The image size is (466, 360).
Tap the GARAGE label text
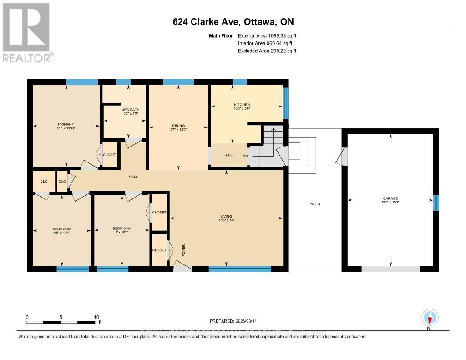[390, 198]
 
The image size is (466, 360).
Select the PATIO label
[315, 204]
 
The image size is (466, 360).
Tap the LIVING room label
[226, 217]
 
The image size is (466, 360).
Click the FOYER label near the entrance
[184, 250]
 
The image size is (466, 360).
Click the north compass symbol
[430, 317]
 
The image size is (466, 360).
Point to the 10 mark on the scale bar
[96, 317]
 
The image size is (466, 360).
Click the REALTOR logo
[27, 32]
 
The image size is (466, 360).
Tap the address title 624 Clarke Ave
[233, 22]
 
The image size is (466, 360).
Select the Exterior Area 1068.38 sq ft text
[267, 35]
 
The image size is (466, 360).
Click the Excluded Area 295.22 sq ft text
[267, 51]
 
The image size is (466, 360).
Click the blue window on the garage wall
[436, 203]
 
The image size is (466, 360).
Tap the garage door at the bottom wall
[390, 269]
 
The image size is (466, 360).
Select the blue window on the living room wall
[240, 269]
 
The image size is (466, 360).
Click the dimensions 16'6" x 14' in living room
[226, 221]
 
